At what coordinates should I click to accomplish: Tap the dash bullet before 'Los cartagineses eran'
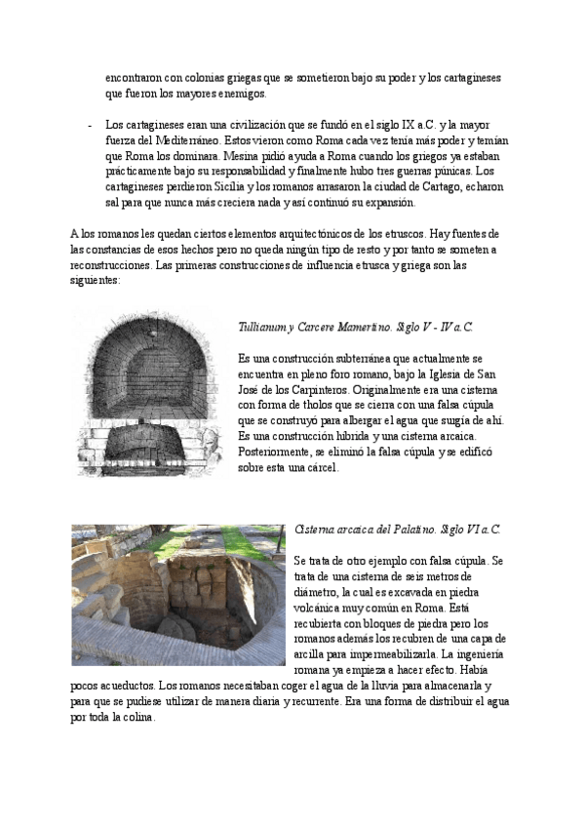pos(90,125)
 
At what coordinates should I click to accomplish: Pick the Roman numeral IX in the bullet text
pos(386,125)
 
